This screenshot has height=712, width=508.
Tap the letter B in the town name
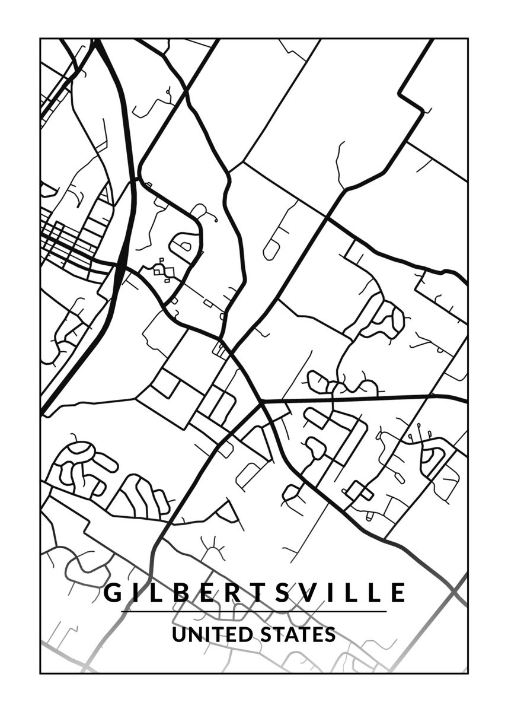click(x=177, y=593)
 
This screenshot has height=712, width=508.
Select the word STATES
click(x=298, y=634)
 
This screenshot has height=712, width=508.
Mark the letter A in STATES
click(x=291, y=634)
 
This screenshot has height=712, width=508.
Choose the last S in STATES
click(x=330, y=634)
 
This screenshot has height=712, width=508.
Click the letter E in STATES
click(x=317, y=634)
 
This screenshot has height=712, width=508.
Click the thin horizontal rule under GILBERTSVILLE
click(x=254, y=612)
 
